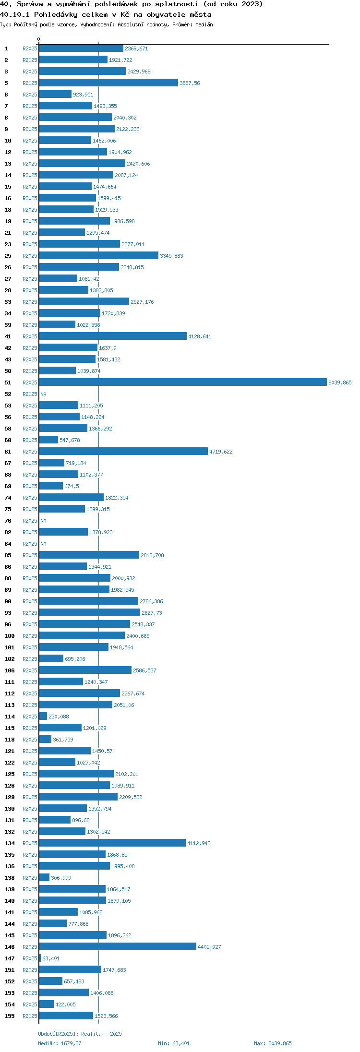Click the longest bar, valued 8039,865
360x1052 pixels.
[x=183, y=383]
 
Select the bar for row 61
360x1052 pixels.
[x=123, y=452]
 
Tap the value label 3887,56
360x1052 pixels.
[x=190, y=83]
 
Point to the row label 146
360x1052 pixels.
[x=10, y=947]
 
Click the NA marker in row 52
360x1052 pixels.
[x=43, y=394]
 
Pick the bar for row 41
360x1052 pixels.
[x=113, y=336]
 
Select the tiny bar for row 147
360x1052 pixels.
[x=40, y=958]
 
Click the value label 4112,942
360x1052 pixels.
[x=199, y=843]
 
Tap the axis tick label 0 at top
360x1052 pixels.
[x=39, y=39]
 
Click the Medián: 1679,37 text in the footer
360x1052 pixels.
[x=60, y=1043]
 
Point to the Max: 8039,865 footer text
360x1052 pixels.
[x=273, y=1043]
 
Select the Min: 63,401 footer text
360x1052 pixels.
[x=174, y=1043]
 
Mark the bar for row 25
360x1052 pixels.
[x=98, y=256]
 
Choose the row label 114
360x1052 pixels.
[x=10, y=717]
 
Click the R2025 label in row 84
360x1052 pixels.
[x=30, y=544]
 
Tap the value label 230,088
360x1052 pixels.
[x=59, y=717]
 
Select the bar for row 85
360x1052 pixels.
[x=89, y=555]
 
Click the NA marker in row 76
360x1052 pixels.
[x=43, y=521]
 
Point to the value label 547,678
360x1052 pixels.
[x=70, y=440]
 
